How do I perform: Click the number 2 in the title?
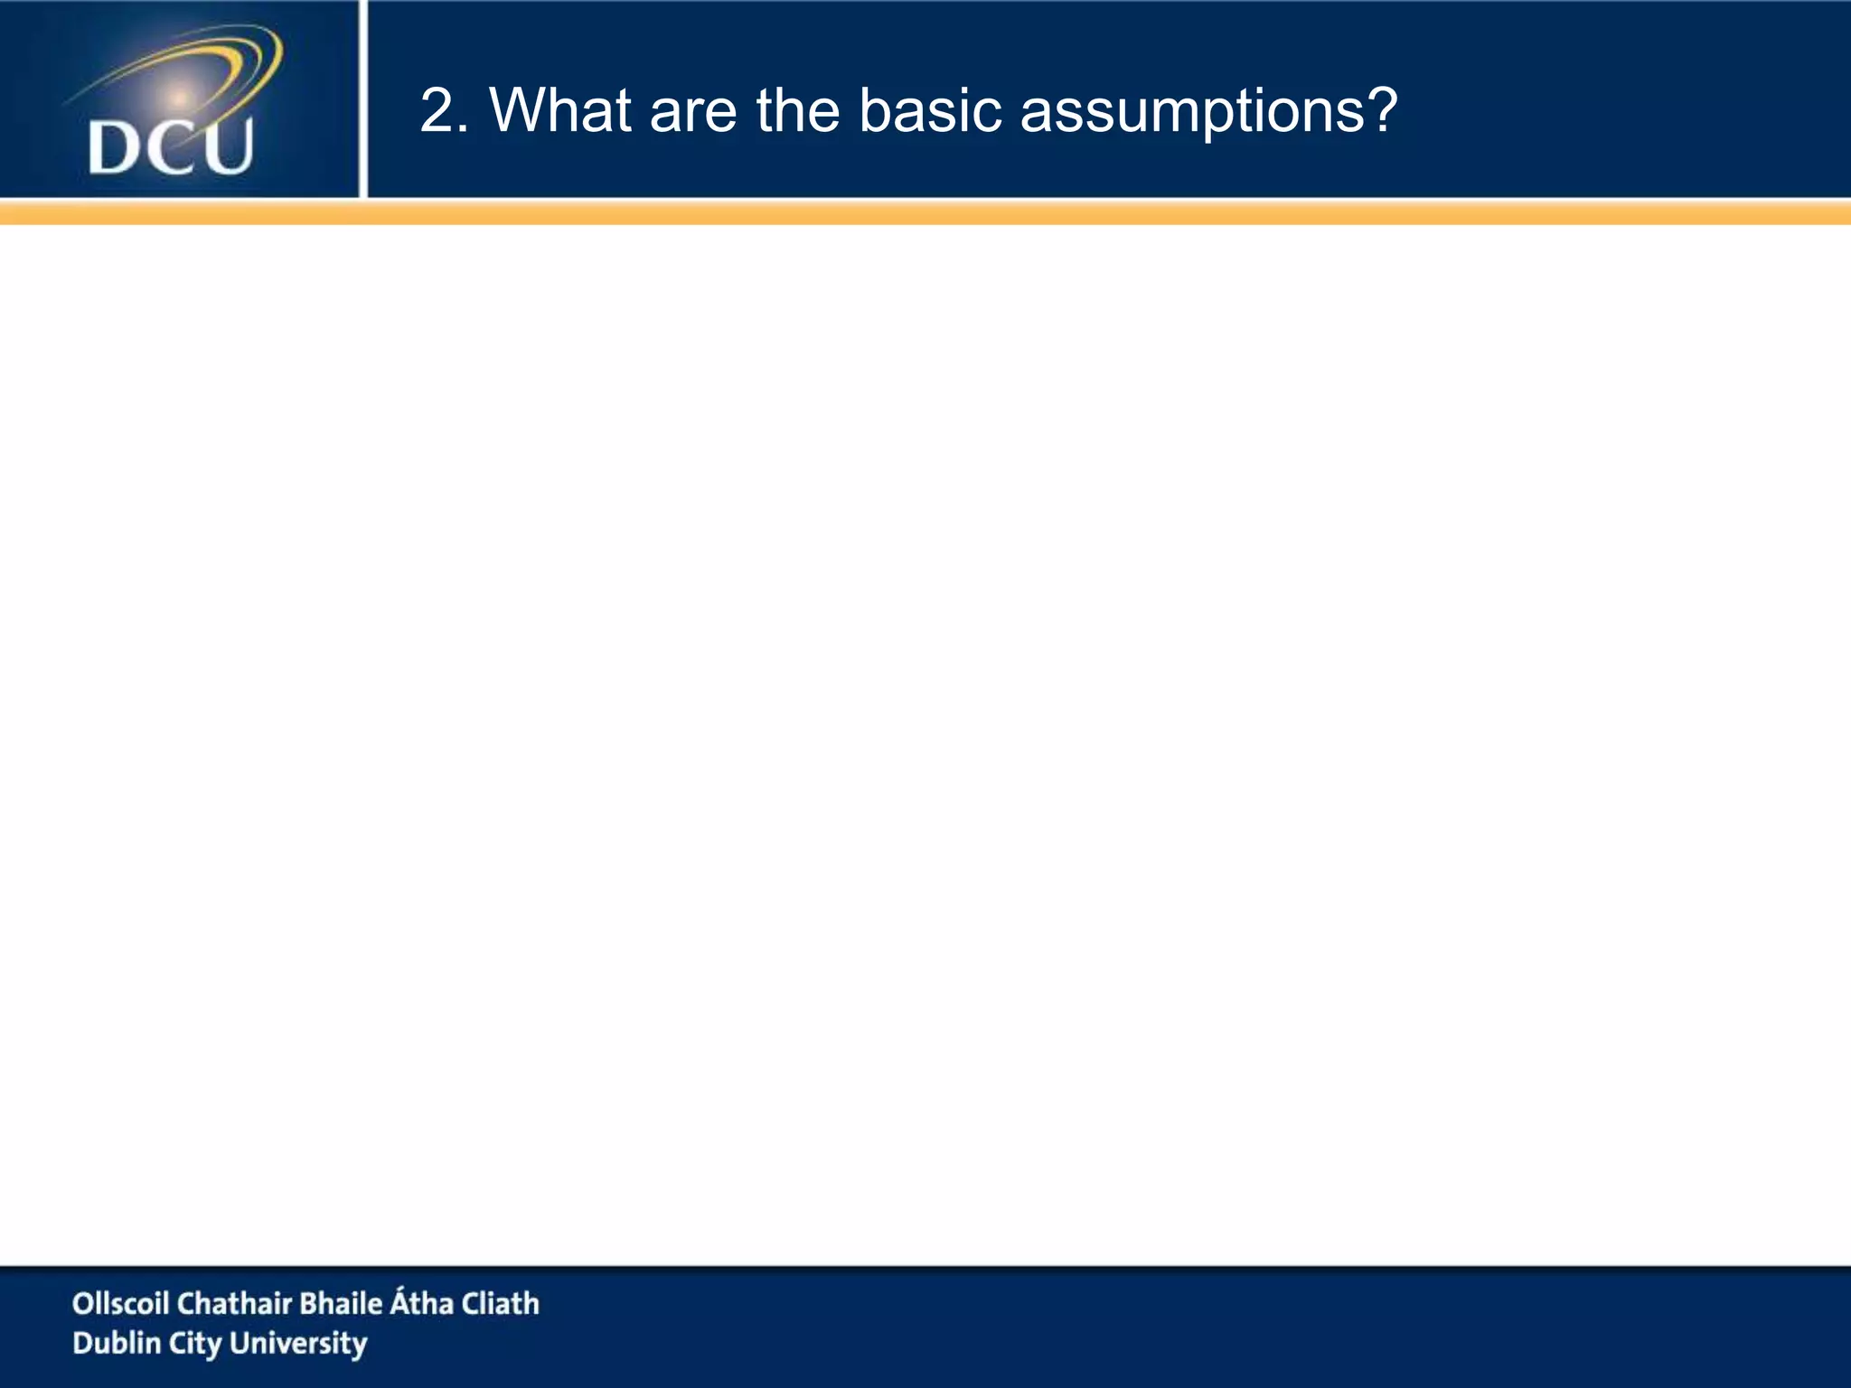click(438, 111)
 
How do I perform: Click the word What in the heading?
click(560, 111)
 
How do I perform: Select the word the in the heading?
click(798, 111)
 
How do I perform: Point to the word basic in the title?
click(930, 111)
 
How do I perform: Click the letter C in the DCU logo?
click(168, 147)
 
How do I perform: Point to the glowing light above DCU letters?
click(180, 97)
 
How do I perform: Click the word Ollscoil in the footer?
click(120, 1303)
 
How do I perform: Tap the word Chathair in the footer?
click(234, 1303)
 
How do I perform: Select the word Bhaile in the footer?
click(341, 1303)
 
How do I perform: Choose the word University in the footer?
click(298, 1345)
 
